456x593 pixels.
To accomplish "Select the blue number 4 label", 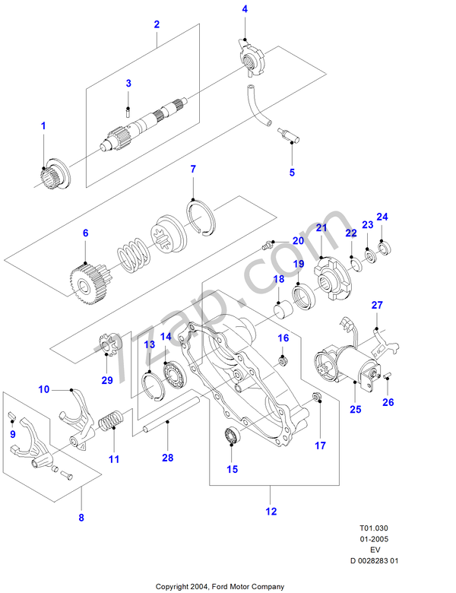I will click(245, 9).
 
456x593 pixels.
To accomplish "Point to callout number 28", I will click(167, 457).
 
